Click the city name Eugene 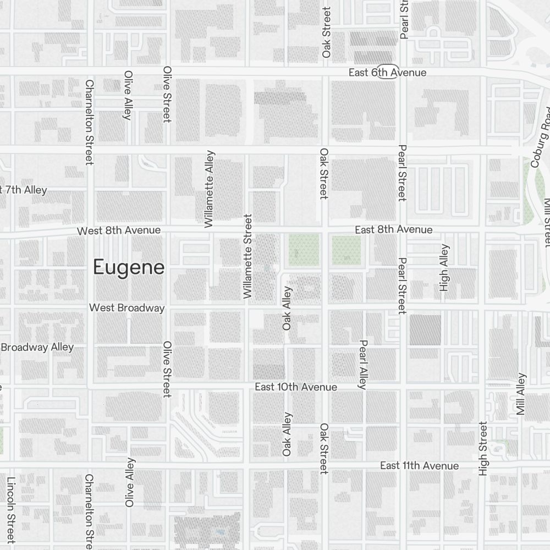129,267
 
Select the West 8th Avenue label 119,230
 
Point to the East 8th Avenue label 393,229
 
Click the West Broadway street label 127,308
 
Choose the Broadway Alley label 37,347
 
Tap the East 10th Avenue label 296,387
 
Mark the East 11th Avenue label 419,466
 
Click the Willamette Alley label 208,189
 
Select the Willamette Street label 248,257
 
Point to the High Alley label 444,267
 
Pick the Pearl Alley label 362,364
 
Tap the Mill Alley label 521,394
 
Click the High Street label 483,448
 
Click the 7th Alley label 24,190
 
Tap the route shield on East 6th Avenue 388,71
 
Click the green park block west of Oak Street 304,250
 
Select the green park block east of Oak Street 346,250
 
